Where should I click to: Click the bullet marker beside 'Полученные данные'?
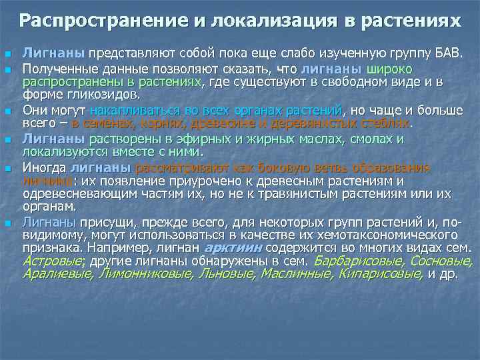click(7, 70)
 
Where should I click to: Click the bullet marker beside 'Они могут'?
click(7, 110)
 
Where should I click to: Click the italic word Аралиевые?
click(58, 273)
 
